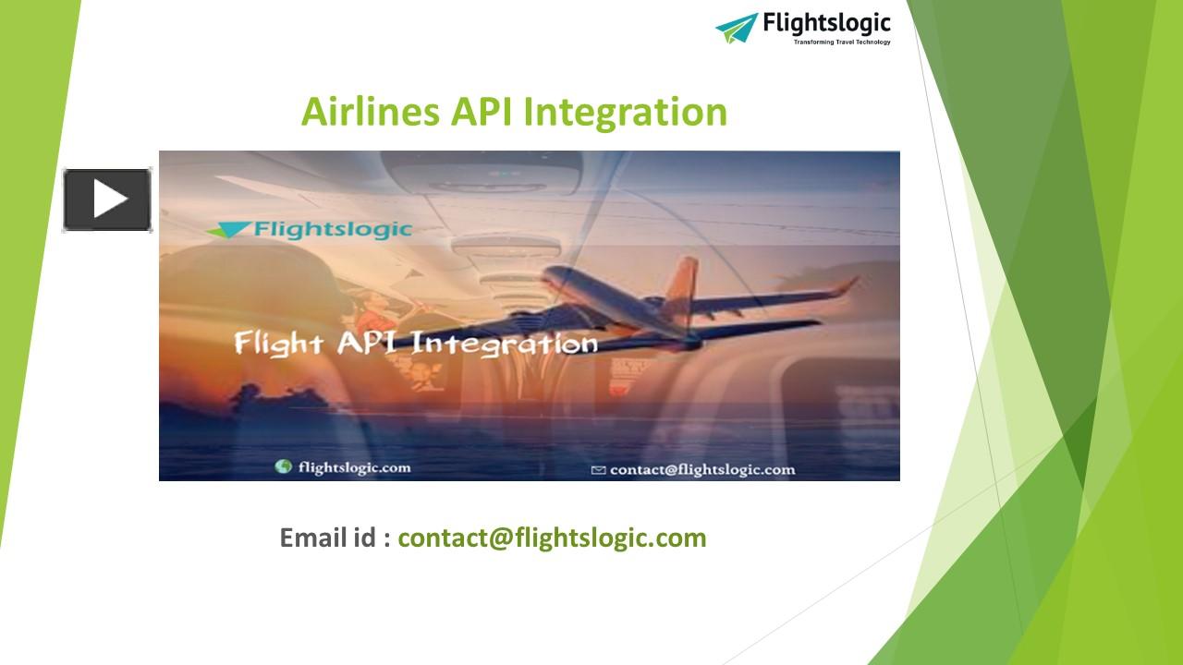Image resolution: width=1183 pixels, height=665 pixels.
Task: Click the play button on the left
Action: (x=107, y=199)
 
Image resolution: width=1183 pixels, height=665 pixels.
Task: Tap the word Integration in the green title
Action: (x=626, y=112)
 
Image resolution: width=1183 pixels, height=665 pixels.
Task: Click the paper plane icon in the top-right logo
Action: (x=736, y=27)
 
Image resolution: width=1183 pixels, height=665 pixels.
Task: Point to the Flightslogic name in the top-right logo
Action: (x=826, y=23)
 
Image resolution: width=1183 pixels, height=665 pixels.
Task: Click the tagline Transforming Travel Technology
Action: (x=842, y=42)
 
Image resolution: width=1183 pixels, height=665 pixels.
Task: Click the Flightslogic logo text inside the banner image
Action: (x=334, y=227)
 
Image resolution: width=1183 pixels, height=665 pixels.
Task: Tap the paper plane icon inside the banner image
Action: (x=227, y=229)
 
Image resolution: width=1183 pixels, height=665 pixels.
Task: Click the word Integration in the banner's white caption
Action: (x=504, y=345)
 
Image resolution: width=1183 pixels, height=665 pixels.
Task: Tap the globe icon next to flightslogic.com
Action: (x=284, y=467)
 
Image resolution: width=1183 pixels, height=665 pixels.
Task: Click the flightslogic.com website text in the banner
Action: (x=354, y=467)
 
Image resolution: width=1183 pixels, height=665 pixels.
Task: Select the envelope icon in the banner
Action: (x=598, y=470)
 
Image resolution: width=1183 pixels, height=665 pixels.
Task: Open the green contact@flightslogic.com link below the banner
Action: (x=552, y=538)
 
